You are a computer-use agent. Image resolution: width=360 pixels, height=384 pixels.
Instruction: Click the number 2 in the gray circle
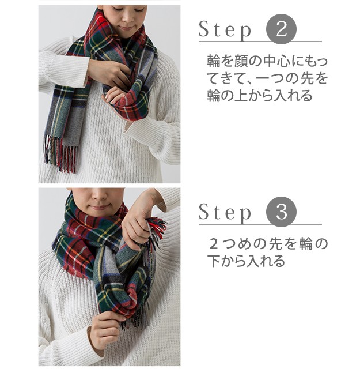(281, 29)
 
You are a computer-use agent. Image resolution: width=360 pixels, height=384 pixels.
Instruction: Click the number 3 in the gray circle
(281, 212)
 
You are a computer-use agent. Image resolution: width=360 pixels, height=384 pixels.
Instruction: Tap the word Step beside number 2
(225, 30)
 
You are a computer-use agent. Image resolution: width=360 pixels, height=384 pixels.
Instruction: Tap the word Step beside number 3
(225, 213)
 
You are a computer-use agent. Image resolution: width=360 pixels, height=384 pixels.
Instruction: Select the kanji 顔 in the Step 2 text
(241, 61)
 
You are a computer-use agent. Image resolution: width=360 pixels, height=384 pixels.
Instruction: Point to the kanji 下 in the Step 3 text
(214, 261)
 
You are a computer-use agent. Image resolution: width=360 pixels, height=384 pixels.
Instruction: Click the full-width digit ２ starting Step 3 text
(214, 244)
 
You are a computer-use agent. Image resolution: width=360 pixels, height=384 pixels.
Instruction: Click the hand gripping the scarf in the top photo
(108, 71)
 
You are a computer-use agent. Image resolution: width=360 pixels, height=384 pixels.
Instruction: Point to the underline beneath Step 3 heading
(260, 224)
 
